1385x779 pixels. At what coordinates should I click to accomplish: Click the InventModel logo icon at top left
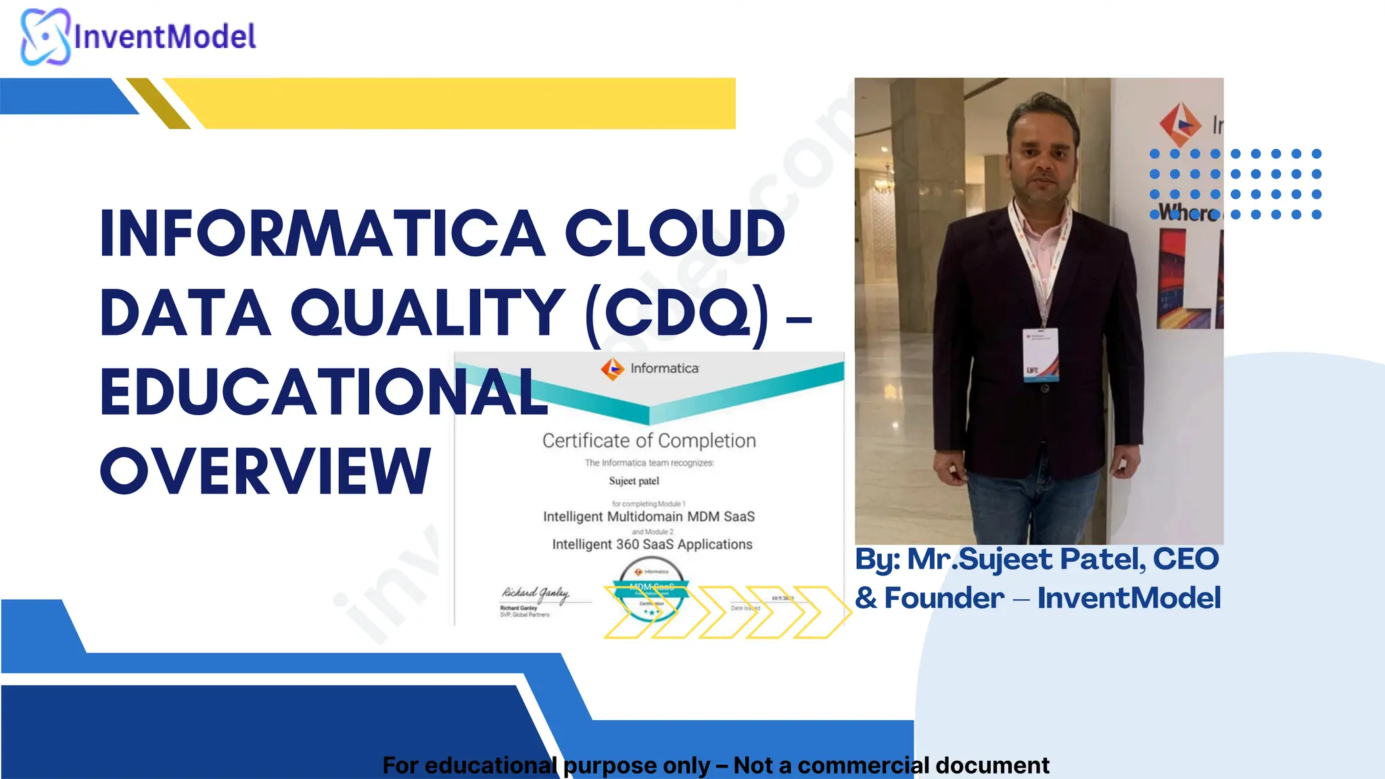point(45,37)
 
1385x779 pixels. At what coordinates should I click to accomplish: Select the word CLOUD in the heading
point(674,234)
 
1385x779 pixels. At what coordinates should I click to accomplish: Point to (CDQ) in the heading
point(678,313)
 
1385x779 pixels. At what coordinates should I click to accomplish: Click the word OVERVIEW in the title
point(265,471)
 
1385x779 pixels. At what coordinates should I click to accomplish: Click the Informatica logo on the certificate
point(613,369)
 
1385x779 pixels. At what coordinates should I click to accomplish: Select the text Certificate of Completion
point(649,441)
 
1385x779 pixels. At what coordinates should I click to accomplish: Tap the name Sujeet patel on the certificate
point(634,481)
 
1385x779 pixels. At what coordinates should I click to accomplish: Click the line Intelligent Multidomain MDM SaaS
point(649,517)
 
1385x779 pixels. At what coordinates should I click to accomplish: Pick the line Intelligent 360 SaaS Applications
point(652,544)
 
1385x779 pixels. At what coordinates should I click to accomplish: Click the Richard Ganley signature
point(535,594)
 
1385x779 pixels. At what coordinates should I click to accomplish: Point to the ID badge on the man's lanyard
point(1040,354)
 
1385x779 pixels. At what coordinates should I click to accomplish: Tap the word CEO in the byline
point(1186,559)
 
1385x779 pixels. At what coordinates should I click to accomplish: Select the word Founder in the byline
point(944,598)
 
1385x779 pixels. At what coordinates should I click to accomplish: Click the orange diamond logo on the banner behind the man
point(1180,124)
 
